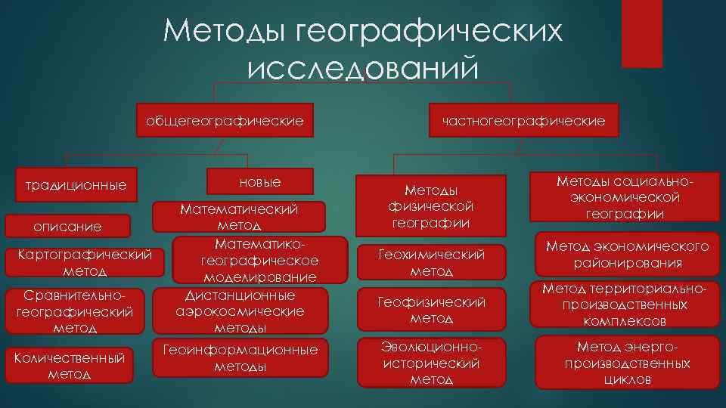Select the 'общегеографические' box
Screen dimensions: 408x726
[225, 120]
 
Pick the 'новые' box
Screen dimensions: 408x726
[259, 183]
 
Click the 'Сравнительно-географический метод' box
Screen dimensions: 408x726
[74, 311]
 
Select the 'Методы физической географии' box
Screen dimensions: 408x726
[431, 206]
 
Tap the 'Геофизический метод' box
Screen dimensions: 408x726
[431, 311]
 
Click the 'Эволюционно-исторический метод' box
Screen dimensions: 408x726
[431, 363]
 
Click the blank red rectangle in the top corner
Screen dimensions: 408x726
[641, 34]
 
